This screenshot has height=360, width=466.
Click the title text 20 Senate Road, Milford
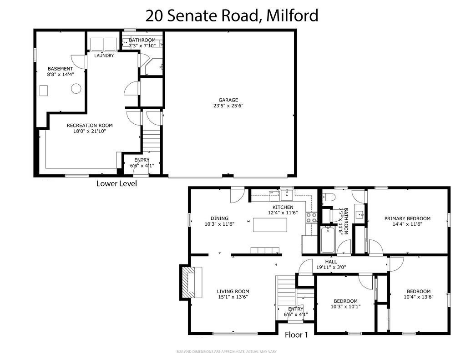pyautogui.click(x=232, y=15)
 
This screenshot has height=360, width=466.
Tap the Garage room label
pyautogui.click(x=228, y=100)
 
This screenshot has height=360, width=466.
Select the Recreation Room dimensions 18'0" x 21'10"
pyautogui.click(x=90, y=131)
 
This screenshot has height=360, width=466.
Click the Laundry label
pyautogui.click(x=104, y=56)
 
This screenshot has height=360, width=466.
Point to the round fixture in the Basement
pyautogui.click(x=76, y=89)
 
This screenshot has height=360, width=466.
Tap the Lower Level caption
pyautogui.click(x=116, y=184)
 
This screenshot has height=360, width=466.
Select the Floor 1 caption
pyautogui.click(x=296, y=335)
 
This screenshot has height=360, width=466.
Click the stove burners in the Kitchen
pyautogui.click(x=312, y=218)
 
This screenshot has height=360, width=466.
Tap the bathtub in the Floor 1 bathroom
pyautogui.click(x=328, y=240)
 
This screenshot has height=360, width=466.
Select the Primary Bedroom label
pyautogui.click(x=407, y=218)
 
